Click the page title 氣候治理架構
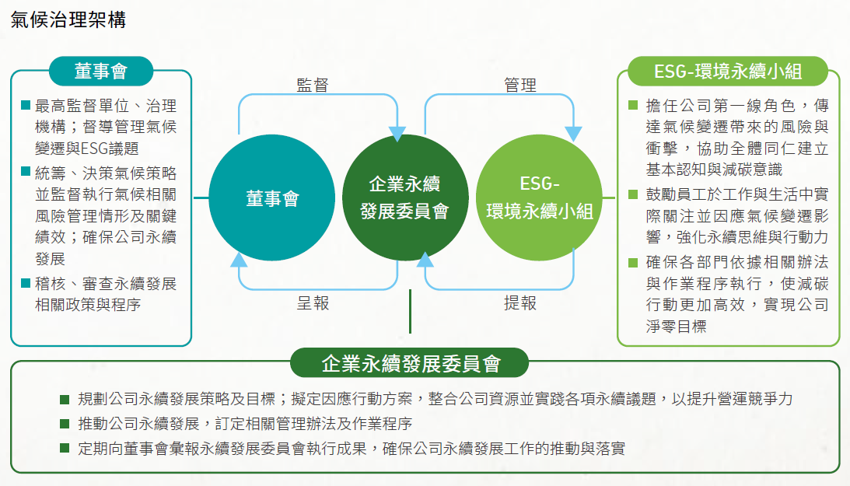coord(68,20)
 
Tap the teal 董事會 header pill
coord(101,71)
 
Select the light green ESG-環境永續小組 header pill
coord(727,71)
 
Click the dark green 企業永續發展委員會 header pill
coord(410,363)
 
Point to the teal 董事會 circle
coord(271,198)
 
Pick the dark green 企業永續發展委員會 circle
coord(405,198)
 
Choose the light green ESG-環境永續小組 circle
coord(540,198)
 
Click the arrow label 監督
coord(313,85)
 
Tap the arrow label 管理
coord(520,85)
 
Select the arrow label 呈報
coord(313,302)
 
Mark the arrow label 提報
coord(520,302)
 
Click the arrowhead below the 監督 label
coord(397,134)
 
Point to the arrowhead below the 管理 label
coord(573,134)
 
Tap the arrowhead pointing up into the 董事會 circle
coord(239,260)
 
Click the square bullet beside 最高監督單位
coord(26,104)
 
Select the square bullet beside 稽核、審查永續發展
coord(26,283)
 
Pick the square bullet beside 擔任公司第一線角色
coord(632,104)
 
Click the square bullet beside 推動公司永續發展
coord(65,423)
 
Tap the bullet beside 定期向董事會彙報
coord(65,448)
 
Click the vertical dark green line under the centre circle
coord(410,312)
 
